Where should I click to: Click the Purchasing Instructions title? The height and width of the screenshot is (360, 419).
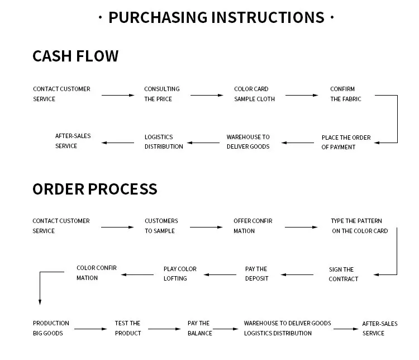[x=216, y=17]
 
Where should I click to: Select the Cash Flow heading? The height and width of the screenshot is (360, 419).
[x=75, y=56]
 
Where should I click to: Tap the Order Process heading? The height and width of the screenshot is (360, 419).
[x=94, y=189]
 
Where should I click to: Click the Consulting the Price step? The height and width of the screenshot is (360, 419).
[x=161, y=94]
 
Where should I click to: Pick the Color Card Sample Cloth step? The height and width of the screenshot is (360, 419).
[x=254, y=94]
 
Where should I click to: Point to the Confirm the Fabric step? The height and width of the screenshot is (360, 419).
[x=345, y=94]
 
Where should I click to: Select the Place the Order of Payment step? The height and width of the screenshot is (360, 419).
[x=346, y=142]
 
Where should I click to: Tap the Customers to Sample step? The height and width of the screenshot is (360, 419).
[x=161, y=226]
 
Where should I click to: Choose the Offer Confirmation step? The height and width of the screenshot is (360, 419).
[x=253, y=226]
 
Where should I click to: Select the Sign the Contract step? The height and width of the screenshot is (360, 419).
[x=343, y=274]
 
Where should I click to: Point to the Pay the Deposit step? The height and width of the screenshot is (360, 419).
[x=256, y=273]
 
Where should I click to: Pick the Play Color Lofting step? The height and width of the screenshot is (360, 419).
[x=180, y=273]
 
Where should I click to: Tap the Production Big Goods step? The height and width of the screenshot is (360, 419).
[x=51, y=328]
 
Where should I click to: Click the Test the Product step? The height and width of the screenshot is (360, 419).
[x=128, y=328]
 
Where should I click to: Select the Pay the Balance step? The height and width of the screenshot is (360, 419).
[x=199, y=328]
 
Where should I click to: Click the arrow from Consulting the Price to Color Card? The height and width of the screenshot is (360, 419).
[x=206, y=96]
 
